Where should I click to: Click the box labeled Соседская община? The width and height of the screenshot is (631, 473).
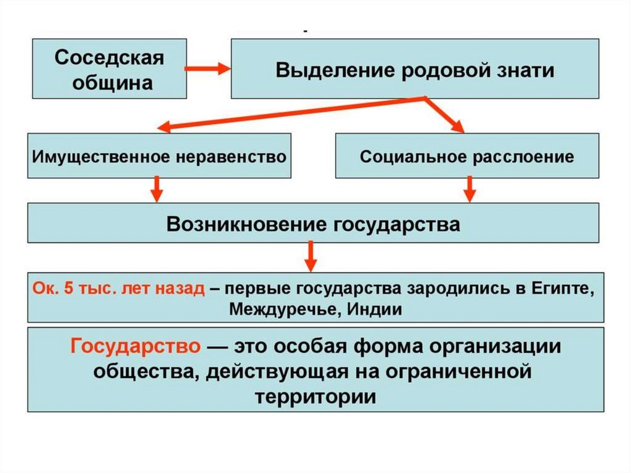pyautogui.click(x=109, y=68)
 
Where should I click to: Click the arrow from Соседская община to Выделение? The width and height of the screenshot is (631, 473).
pyautogui.click(x=208, y=68)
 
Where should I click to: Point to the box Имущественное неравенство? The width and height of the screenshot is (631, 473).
pyautogui.click(x=158, y=156)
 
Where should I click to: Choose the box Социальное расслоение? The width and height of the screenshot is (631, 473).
pyautogui.click(x=466, y=156)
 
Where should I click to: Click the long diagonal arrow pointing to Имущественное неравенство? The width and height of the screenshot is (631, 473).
pyautogui.click(x=290, y=113)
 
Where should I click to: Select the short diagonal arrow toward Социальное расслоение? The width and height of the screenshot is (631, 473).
pyautogui.click(x=445, y=114)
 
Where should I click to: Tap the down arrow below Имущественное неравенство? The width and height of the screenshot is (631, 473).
pyautogui.click(x=157, y=189)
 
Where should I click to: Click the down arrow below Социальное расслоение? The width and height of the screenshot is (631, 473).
pyautogui.click(x=470, y=189)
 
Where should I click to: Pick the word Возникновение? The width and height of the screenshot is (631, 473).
pyautogui.click(x=246, y=223)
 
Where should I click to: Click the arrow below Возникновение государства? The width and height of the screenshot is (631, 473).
pyautogui.click(x=311, y=256)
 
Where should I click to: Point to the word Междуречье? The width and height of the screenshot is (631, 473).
pyautogui.click(x=281, y=308)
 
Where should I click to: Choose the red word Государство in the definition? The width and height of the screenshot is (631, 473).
pyautogui.click(x=135, y=346)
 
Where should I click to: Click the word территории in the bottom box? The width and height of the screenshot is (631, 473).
pyautogui.click(x=315, y=396)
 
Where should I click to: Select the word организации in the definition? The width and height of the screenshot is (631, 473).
pyautogui.click(x=500, y=346)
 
